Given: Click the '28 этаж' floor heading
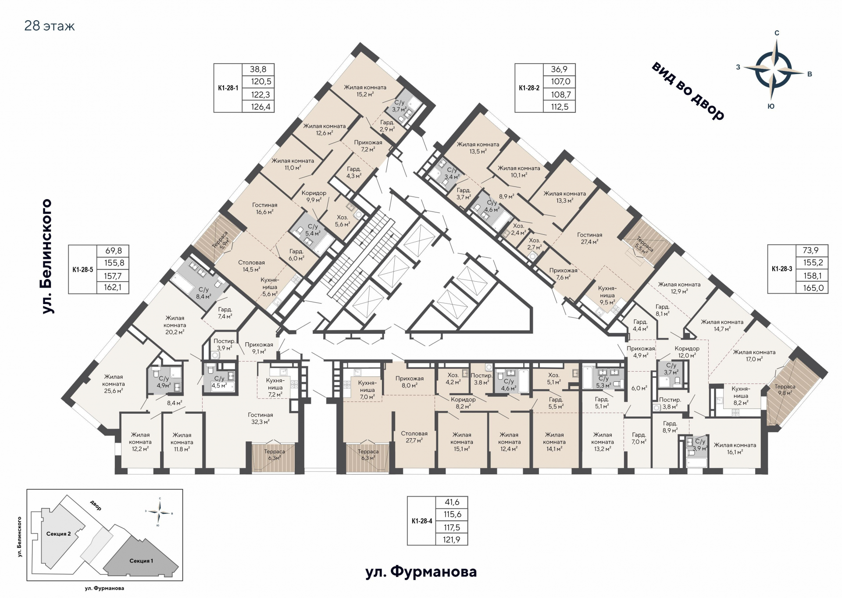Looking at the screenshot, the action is click(x=50, y=26).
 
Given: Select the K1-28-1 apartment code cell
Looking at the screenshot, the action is click(x=228, y=88).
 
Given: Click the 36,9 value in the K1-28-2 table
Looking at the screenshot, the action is click(x=559, y=69).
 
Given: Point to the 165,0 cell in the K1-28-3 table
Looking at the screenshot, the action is click(x=813, y=288).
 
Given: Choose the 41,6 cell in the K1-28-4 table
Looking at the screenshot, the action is click(x=452, y=502).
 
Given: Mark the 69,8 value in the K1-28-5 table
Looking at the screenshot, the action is click(x=114, y=251).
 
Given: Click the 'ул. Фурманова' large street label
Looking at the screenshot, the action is click(x=421, y=572).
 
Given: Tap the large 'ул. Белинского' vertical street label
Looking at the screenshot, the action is click(x=46, y=256).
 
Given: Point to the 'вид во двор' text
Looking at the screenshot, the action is click(x=688, y=91).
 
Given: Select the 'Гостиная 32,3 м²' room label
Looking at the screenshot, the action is click(x=260, y=418).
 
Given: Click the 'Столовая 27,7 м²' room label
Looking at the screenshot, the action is click(x=414, y=437).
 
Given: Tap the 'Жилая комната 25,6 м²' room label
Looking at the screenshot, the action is click(x=114, y=383).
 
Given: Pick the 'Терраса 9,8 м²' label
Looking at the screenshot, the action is click(x=785, y=390).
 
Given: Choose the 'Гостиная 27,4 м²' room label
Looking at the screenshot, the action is click(x=589, y=238).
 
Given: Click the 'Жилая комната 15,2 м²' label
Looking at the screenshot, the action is click(x=365, y=90).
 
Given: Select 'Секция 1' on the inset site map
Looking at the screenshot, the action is click(x=141, y=561).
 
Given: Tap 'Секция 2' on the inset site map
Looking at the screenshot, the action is click(x=58, y=534).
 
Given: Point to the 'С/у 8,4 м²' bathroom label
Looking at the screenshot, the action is click(x=203, y=293).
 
